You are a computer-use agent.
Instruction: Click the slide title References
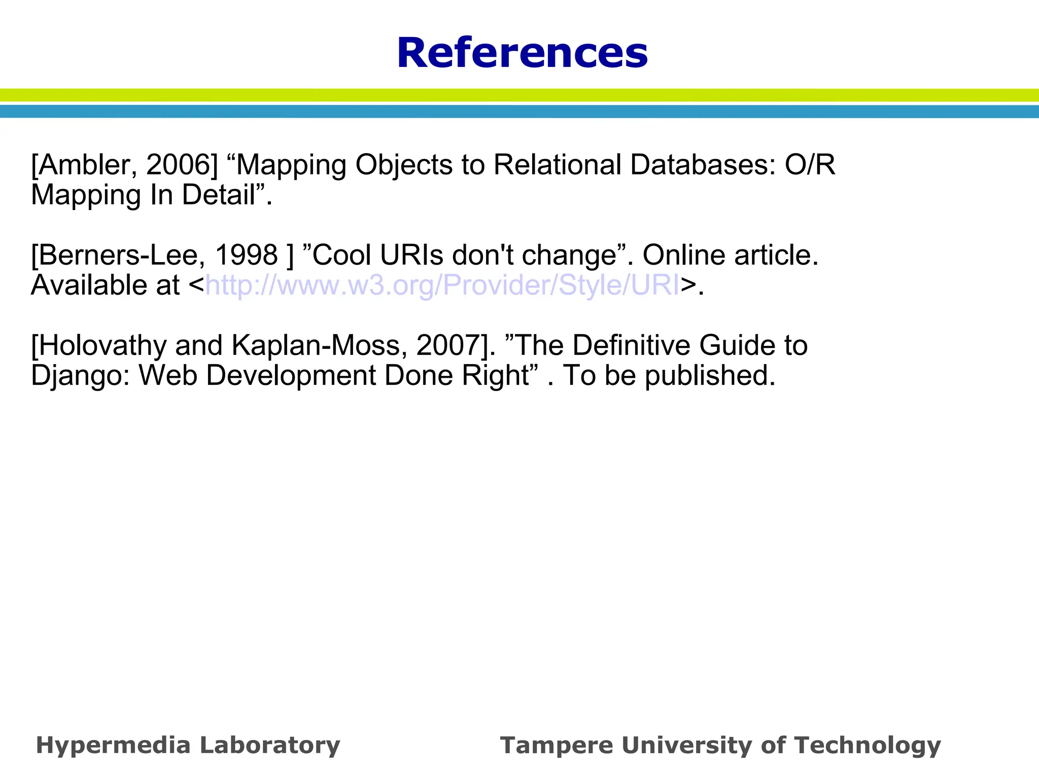[522, 53]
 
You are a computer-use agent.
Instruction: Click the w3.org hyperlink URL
[442, 285]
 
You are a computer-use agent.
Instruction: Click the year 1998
[247, 255]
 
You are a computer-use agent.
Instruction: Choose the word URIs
[412, 255]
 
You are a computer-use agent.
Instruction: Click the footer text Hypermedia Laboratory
[188, 746]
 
